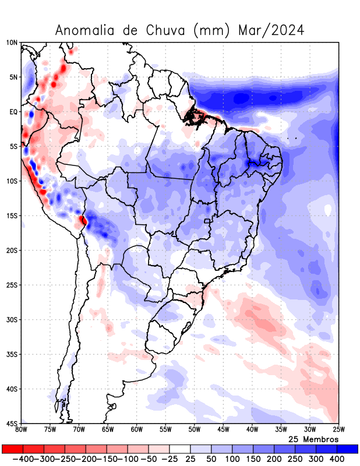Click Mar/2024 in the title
coord(271,31)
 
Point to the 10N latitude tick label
coord(12,43)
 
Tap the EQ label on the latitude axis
coord(13,112)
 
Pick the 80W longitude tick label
coord(22,430)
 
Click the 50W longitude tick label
coord(195,430)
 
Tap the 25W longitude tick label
coord(338,430)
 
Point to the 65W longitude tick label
coord(108,430)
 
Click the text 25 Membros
coord(313,439)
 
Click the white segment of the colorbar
coord(181,449)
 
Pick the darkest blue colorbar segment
coord(348,449)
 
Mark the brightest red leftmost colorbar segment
coord(12,449)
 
